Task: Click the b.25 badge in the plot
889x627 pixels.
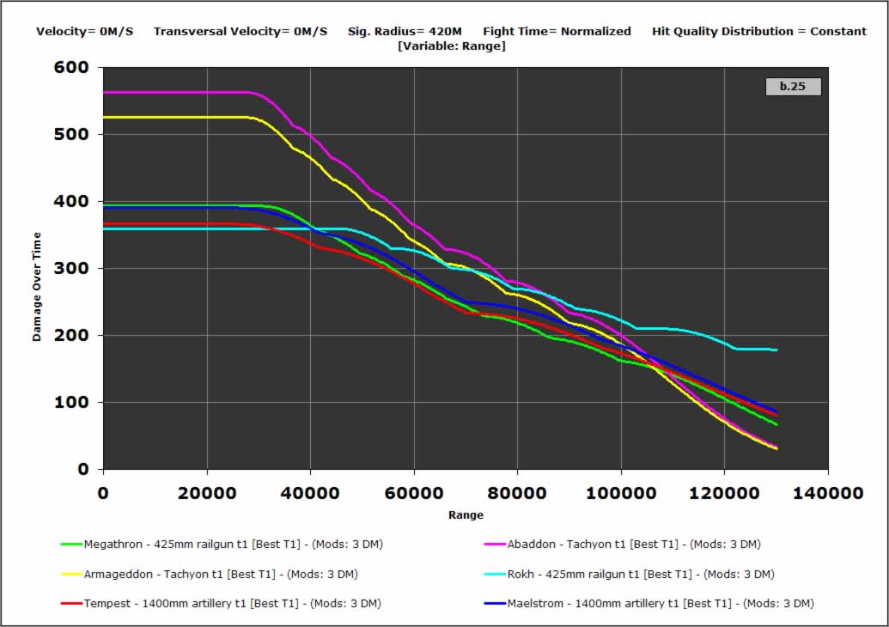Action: pyautogui.click(x=793, y=87)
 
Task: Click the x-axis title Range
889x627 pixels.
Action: pyautogui.click(x=466, y=515)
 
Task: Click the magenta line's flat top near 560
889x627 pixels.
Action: pyautogui.click(x=172, y=92)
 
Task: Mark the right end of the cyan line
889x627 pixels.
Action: pyautogui.click(x=776, y=350)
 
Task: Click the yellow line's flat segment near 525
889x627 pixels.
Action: pyautogui.click(x=172, y=117)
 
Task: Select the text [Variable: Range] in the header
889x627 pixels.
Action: pyautogui.click(x=451, y=46)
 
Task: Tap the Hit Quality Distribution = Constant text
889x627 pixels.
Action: pyautogui.click(x=759, y=32)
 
